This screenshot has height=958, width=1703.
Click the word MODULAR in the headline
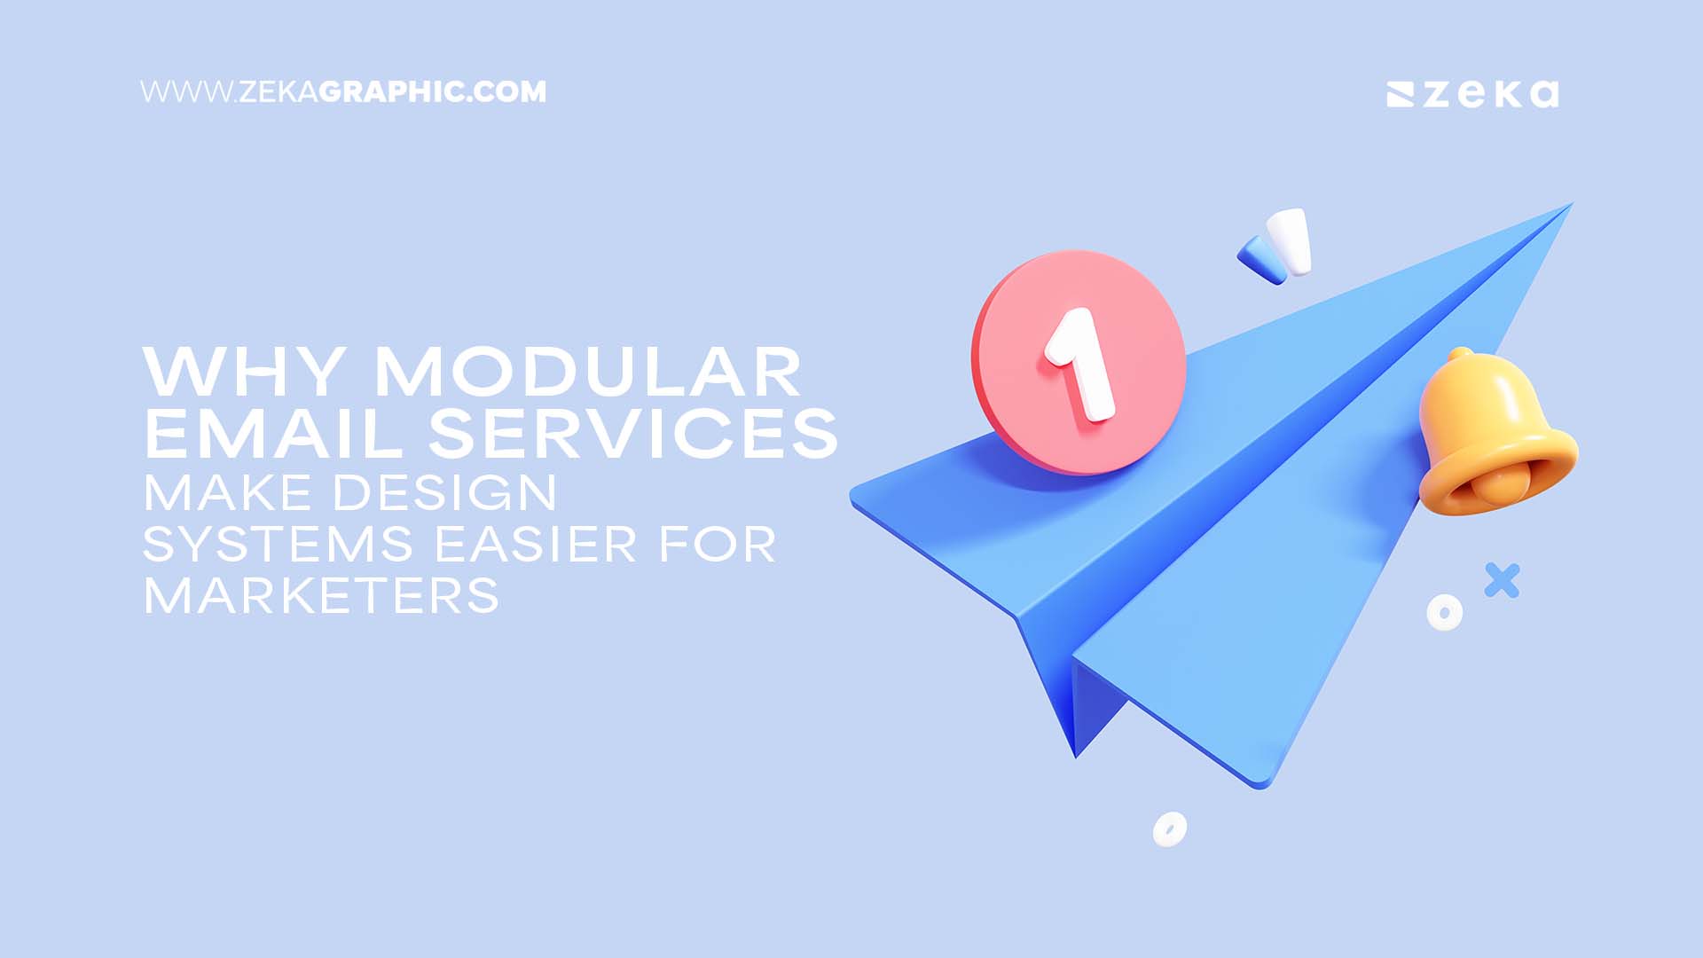(587, 372)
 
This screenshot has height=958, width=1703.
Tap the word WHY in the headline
(244, 372)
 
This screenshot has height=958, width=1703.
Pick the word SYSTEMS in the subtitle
(278, 544)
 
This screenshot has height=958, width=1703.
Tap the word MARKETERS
(321, 595)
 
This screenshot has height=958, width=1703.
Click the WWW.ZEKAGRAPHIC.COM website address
(343, 92)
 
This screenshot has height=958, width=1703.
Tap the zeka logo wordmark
(1472, 94)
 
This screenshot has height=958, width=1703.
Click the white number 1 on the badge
(1079, 364)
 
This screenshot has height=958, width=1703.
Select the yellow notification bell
(1495, 435)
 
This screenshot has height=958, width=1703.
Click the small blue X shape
(1502, 580)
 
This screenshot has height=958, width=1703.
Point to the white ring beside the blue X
(1444, 612)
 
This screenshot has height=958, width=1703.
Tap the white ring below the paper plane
(1169, 829)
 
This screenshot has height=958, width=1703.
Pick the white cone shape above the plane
(1291, 239)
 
